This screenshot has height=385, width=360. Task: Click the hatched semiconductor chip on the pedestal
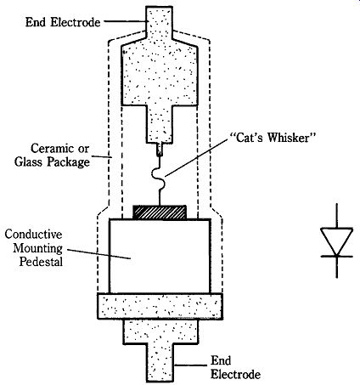[x=160, y=212]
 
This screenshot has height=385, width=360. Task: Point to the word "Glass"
[x=29, y=162]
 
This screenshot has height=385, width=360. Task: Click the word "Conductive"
[x=34, y=235]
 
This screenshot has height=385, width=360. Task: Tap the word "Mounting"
[x=38, y=248]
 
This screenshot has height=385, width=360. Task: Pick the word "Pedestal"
[x=41, y=261]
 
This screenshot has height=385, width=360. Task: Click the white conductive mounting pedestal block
[x=160, y=256]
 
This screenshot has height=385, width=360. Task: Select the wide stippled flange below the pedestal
[x=160, y=306]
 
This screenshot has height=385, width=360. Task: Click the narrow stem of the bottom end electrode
[x=160, y=362]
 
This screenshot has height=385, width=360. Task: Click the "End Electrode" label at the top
[x=63, y=22]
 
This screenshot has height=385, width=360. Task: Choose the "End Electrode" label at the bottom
[x=235, y=367]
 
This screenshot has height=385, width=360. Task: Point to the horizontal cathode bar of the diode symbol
[x=337, y=257]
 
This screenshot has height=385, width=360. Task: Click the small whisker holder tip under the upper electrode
[x=160, y=150]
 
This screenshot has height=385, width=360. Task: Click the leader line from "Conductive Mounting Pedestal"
[x=98, y=254]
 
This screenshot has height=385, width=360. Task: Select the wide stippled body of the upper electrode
[x=160, y=73]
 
